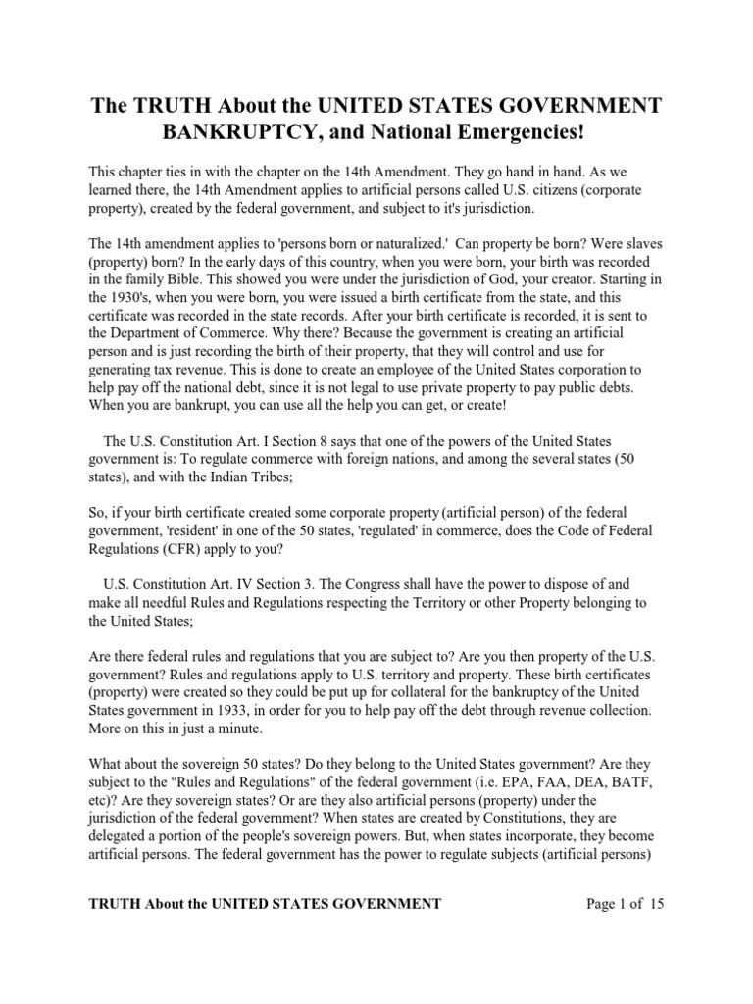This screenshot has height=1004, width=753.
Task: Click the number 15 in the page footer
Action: [657, 904]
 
